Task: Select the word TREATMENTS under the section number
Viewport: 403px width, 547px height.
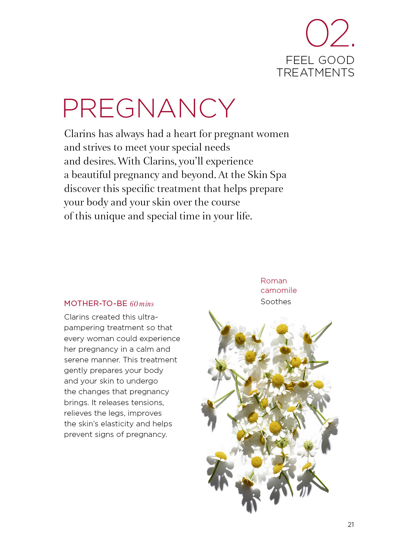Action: (x=315, y=73)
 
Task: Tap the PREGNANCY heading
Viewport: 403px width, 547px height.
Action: (x=149, y=108)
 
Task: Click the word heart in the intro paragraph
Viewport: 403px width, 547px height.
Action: (x=185, y=134)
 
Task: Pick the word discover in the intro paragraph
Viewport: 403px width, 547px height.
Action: (x=82, y=189)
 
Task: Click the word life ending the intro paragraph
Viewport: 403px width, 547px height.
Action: (x=244, y=216)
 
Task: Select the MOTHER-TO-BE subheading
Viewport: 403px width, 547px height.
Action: (x=95, y=303)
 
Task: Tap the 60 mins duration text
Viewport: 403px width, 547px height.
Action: (x=142, y=304)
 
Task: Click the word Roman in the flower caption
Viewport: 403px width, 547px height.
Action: (x=274, y=281)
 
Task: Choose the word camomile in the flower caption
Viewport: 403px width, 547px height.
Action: (x=279, y=290)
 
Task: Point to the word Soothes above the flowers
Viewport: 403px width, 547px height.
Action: (x=276, y=302)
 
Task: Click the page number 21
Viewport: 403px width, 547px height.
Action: (x=351, y=525)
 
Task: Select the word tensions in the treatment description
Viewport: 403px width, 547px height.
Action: (x=147, y=403)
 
